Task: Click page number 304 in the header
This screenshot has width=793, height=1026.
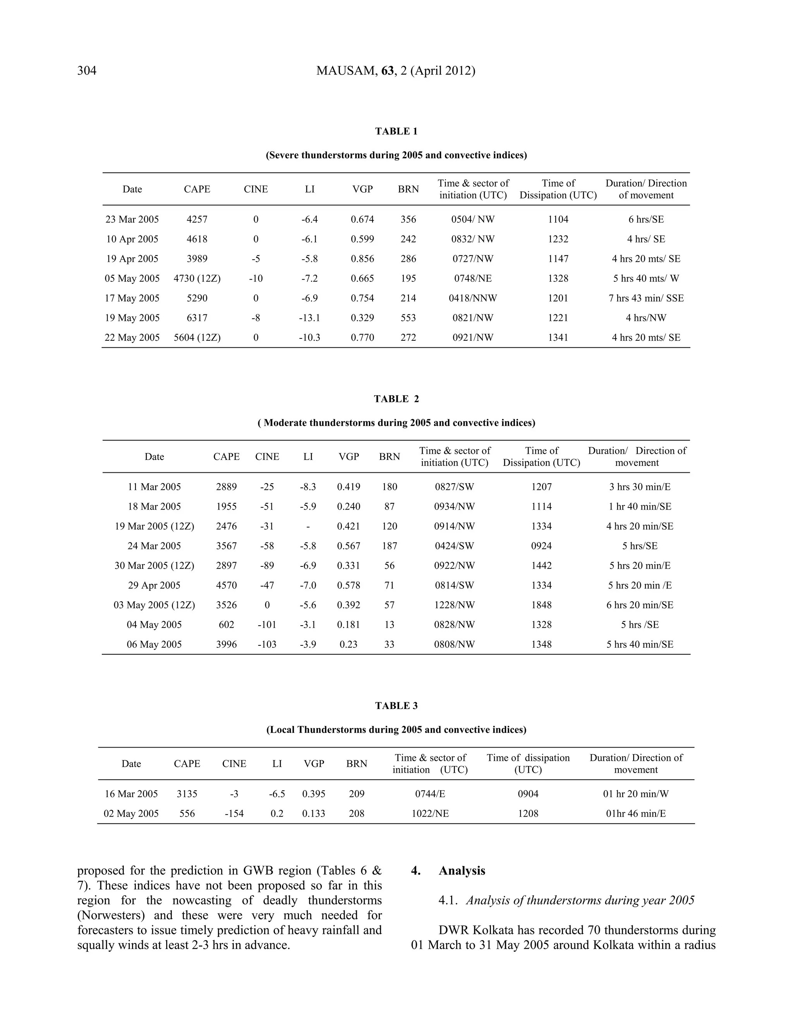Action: (x=87, y=71)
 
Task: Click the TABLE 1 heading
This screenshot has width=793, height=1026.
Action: (x=396, y=132)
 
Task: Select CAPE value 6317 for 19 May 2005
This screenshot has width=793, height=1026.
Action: (x=197, y=318)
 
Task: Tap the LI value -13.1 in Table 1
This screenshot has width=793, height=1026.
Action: (x=310, y=318)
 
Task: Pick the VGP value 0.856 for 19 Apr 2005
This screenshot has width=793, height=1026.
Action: (x=362, y=259)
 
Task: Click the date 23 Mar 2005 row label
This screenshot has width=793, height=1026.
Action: (x=132, y=220)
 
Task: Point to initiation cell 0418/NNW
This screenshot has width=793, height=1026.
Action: (x=473, y=298)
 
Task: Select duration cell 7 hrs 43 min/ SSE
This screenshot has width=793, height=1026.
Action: (x=646, y=298)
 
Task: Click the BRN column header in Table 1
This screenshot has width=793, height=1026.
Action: (x=408, y=189)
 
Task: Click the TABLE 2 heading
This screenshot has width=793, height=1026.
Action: (x=396, y=399)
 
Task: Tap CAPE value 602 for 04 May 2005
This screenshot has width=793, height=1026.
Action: (x=227, y=625)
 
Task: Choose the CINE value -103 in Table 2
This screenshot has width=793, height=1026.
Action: (x=267, y=645)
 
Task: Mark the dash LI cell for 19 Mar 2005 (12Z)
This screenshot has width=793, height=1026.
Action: (x=308, y=527)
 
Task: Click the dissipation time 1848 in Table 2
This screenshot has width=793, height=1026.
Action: (x=541, y=605)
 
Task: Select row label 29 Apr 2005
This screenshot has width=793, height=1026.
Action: (x=154, y=585)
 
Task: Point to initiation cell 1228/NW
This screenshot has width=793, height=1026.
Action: (x=454, y=605)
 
